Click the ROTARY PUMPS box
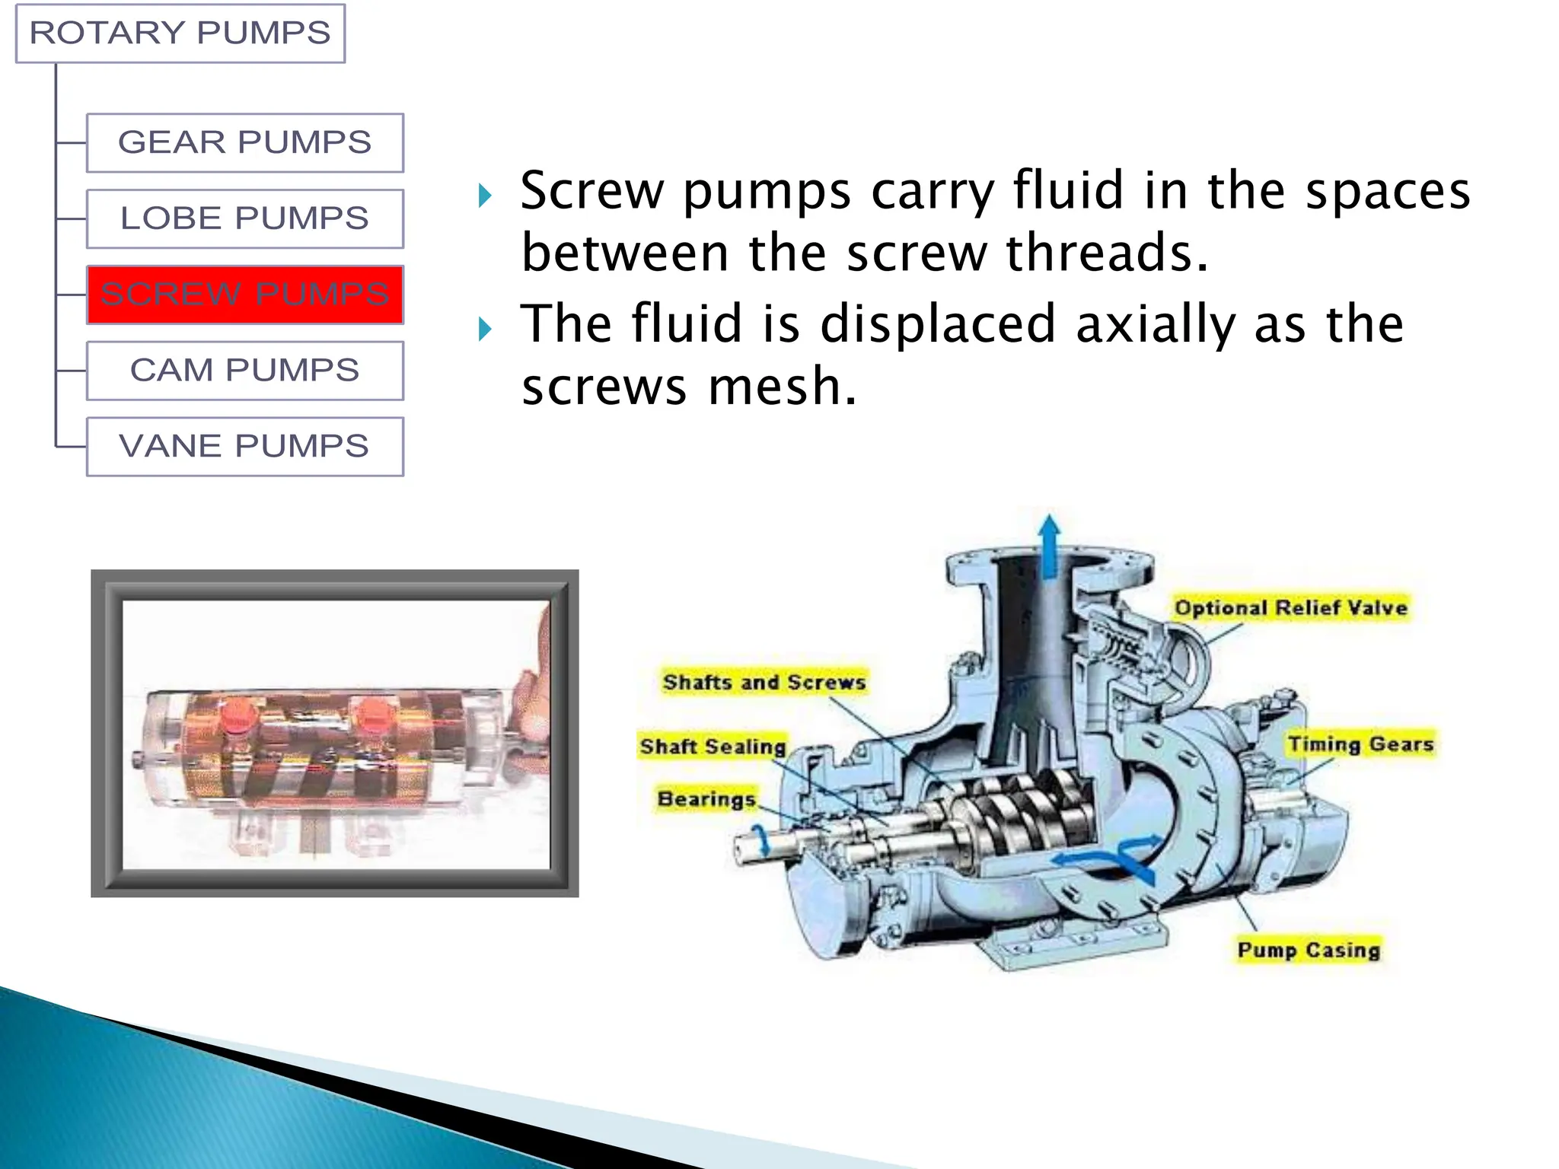click(x=180, y=33)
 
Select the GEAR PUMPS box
click(x=244, y=143)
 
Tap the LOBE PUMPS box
click(x=244, y=219)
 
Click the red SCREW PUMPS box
click(x=244, y=295)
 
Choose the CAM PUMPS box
click(x=244, y=371)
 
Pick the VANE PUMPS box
click(x=244, y=447)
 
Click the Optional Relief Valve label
click(x=1290, y=608)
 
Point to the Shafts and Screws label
click(x=764, y=682)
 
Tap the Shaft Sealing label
click(x=713, y=747)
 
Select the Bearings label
click(x=706, y=799)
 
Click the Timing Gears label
click(x=1360, y=744)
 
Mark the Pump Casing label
click(x=1309, y=950)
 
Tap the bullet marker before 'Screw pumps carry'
click(x=485, y=196)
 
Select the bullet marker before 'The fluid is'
click(x=485, y=329)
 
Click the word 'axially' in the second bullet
click(x=1156, y=325)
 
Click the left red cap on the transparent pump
click(x=238, y=715)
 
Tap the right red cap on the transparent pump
click(x=374, y=714)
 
